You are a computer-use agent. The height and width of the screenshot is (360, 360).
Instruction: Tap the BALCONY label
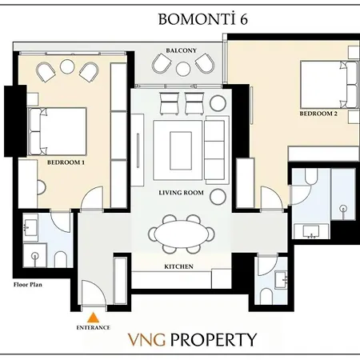(181, 50)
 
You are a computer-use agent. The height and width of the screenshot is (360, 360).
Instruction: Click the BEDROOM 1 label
(66, 162)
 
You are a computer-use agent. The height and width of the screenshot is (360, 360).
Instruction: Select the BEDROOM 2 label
(318, 114)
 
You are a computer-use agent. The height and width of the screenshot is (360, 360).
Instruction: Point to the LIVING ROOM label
(181, 194)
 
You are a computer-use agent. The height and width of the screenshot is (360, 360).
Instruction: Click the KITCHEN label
(178, 266)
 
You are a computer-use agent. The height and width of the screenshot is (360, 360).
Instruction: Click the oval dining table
(180, 235)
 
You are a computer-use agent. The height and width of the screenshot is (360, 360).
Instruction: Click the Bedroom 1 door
(92, 198)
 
